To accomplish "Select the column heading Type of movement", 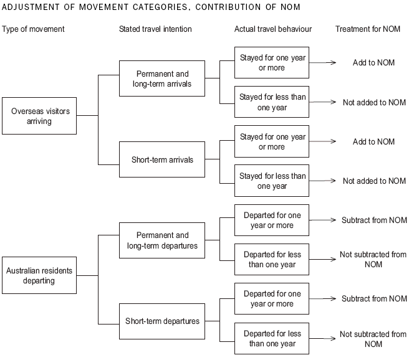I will tap(33, 29).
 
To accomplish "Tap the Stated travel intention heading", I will tap(155, 29).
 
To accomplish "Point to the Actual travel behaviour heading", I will tap(273, 29).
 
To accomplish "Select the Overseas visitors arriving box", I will tap(41, 116).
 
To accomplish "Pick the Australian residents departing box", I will tap(40, 275).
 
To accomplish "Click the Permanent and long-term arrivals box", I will tap(162, 78).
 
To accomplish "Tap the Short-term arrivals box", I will tap(162, 159).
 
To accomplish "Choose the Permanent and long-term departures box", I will tap(162, 240).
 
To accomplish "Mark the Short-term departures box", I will tap(162, 321).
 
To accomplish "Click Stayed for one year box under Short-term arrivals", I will tap(272, 141).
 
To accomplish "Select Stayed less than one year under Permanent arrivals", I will tap(272, 102).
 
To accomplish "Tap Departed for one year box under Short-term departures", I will tap(272, 298).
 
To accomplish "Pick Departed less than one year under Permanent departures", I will tap(272, 259).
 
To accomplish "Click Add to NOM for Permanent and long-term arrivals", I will tap(373, 63).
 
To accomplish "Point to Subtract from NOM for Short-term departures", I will tap(374, 299).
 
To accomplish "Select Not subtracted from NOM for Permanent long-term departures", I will tap(373, 259).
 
